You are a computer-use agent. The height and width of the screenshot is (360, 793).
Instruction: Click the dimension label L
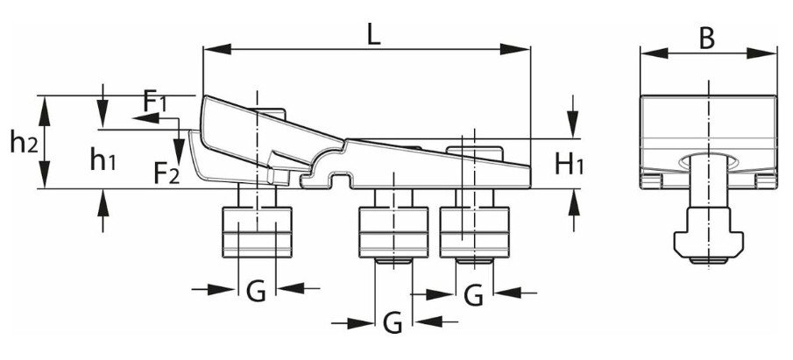pyautogui.click(x=374, y=36)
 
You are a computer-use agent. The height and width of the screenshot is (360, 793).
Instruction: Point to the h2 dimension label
pyautogui.click(x=23, y=141)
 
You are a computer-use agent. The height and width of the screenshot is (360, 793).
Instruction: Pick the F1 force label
pyautogui.click(x=155, y=101)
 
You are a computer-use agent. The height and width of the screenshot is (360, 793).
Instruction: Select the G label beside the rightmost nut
pyautogui.click(x=474, y=295)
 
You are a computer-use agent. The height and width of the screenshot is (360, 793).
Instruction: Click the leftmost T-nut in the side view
pyautogui.click(x=256, y=231)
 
